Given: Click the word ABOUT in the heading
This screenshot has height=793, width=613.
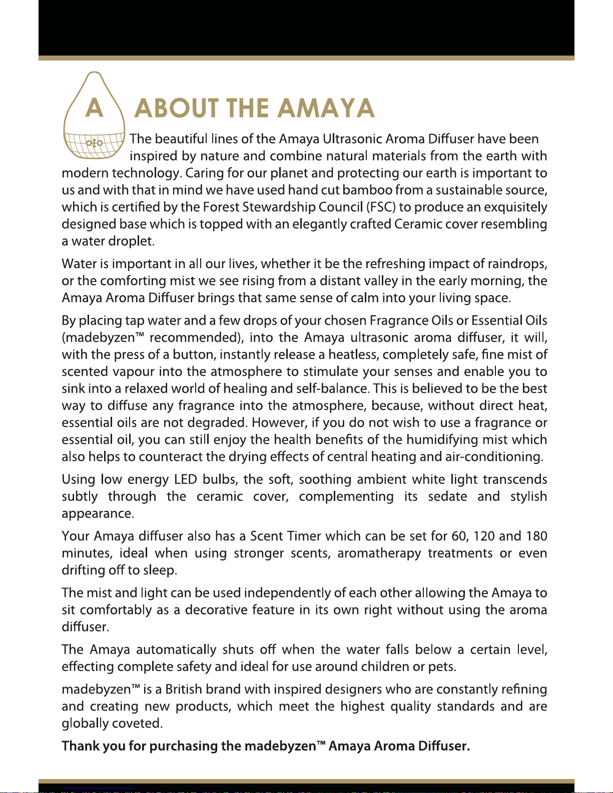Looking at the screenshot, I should point(177,108).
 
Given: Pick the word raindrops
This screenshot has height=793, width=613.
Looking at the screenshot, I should point(517,264).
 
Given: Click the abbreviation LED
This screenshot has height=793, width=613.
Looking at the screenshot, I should point(185,479).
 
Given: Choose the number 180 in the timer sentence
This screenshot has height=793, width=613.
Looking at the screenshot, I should point(536,536).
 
